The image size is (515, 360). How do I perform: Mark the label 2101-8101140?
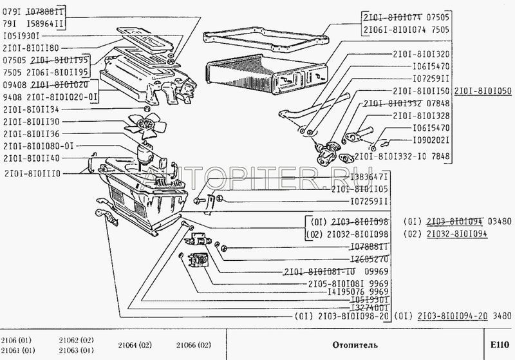(x=32, y=158)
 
